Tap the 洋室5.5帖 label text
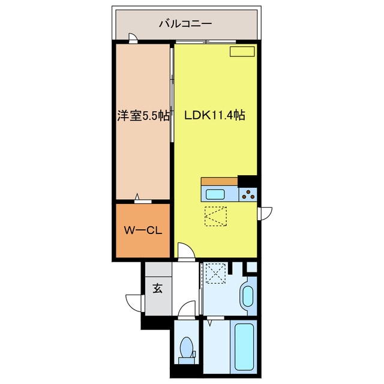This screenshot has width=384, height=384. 142,116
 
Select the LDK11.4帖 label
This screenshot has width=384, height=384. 214,116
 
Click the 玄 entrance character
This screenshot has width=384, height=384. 157,289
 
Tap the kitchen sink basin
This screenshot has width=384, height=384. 215,194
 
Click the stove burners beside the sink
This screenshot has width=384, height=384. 247,194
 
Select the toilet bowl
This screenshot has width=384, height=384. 186,348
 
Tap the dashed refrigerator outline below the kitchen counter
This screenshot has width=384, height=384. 214,216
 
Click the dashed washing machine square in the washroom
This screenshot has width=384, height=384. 214,273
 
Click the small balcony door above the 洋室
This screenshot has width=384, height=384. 133,39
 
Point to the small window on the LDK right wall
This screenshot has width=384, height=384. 265,213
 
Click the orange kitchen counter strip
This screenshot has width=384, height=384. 220,181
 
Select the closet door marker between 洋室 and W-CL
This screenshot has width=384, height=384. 139,199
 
